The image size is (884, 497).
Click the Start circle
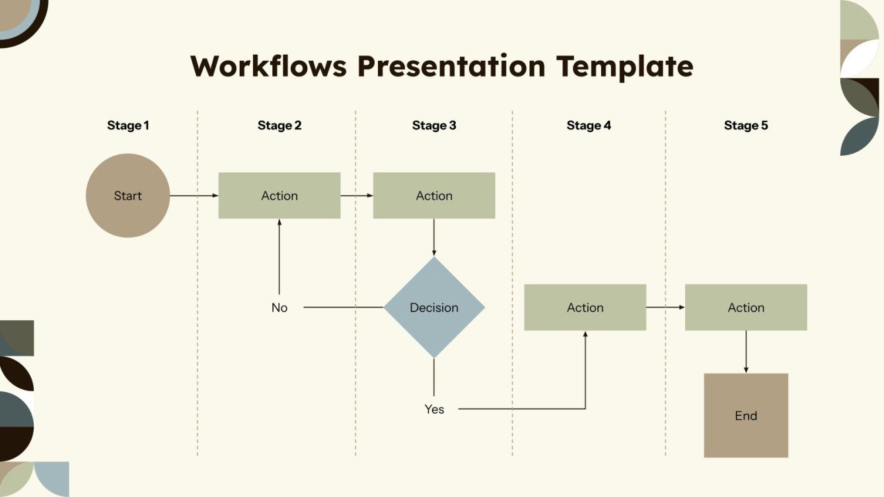128,195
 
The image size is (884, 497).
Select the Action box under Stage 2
279,195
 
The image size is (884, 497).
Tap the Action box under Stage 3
434,195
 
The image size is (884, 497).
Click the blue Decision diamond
434,308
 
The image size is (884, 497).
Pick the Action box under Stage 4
585,308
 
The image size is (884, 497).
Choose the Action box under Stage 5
746,308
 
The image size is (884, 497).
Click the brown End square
746,415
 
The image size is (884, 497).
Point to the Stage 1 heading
128,125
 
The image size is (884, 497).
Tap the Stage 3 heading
434,125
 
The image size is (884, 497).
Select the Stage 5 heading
746,125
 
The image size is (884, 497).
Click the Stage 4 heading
589,125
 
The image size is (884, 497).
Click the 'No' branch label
279,308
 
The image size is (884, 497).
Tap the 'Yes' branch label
434,409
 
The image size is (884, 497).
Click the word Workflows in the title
268,67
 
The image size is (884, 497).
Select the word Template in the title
624,67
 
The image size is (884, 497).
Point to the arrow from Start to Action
194,195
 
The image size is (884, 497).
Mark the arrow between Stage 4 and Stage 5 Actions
665,308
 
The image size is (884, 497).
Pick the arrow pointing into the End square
746,352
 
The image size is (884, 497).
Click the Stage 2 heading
279,125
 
